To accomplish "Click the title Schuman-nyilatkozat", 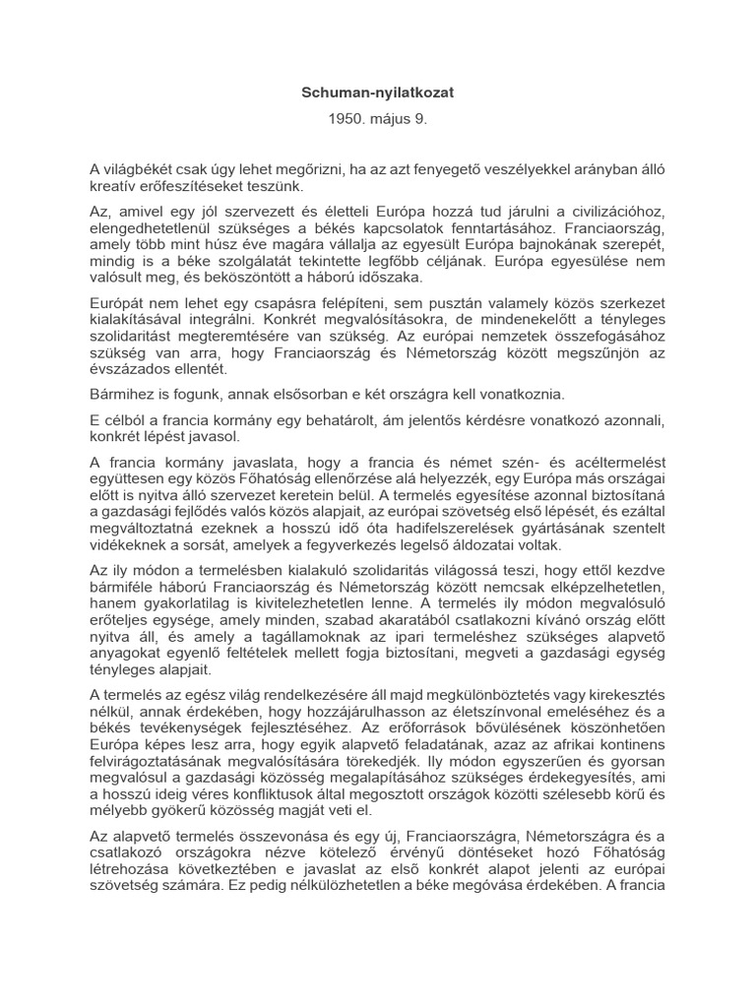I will (x=378, y=92).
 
